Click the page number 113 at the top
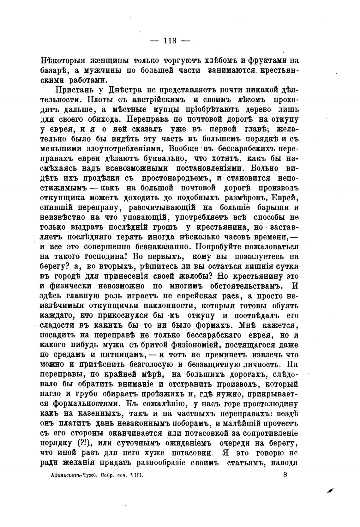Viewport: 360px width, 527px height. [x=170, y=41]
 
